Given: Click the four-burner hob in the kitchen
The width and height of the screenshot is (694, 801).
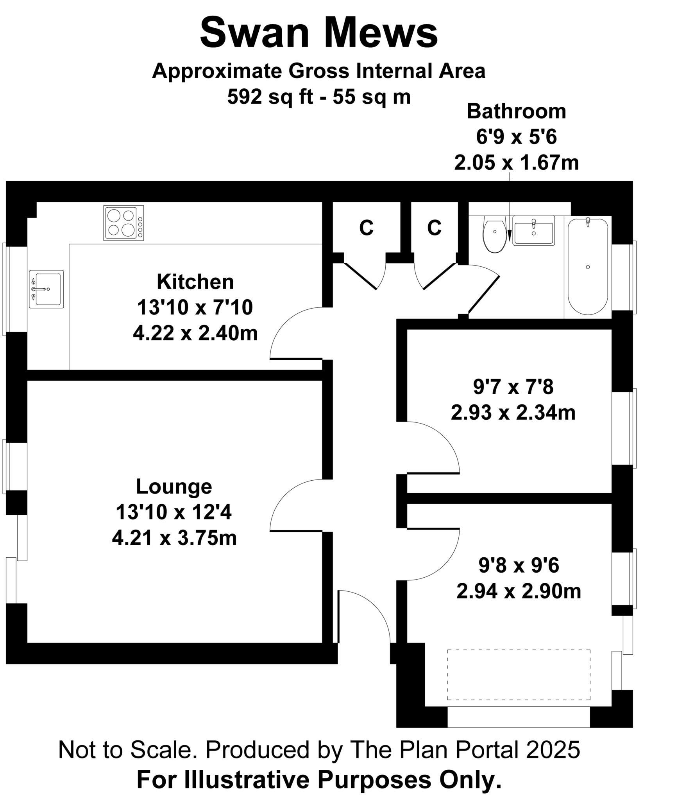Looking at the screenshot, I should tap(123, 223).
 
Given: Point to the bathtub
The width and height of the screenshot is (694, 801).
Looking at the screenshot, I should tap(587, 267).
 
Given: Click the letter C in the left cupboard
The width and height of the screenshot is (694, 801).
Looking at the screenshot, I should tap(366, 228).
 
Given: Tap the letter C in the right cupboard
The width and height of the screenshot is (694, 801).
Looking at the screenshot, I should tap(434, 228).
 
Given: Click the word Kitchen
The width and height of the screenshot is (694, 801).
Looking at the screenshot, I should tap(195, 282).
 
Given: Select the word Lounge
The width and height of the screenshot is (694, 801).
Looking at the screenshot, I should tap(174, 487).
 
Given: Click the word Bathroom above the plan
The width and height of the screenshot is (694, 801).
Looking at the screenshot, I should tap(516, 111).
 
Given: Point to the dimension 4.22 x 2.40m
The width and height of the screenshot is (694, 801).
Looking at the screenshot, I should tap(195, 334).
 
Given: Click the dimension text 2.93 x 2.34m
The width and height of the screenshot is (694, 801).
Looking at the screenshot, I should tap(513, 413).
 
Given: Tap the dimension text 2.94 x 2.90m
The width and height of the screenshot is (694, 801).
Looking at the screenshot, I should tap(519, 591).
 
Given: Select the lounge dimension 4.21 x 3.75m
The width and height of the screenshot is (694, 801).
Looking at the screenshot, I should tap(174, 538).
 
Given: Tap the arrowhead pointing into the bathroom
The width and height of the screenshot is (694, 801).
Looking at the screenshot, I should tap(509, 236).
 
